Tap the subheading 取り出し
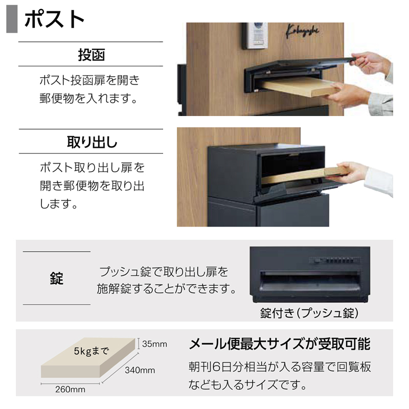[92, 142]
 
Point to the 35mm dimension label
[154, 344]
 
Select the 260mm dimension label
[70, 390]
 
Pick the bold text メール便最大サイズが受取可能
[280, 344]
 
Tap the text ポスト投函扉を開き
[89, 81]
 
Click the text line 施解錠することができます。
[166, 289]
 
